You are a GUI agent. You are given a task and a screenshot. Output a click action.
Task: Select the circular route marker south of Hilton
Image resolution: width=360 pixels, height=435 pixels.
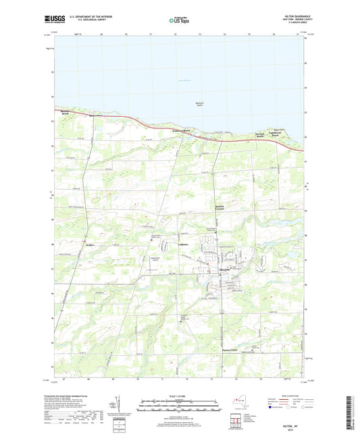coord(222,310)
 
